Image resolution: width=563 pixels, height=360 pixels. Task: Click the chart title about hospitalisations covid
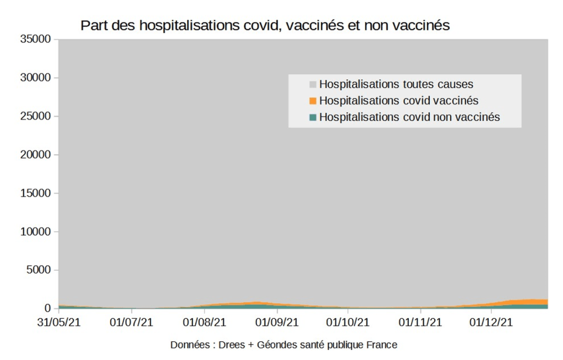[x=265, y=26]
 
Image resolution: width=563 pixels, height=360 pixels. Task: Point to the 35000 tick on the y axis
[x=35, y=39]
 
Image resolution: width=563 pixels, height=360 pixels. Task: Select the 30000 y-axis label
[x=35, y=78]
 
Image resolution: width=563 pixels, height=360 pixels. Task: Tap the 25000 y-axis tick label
[x=35, y=116]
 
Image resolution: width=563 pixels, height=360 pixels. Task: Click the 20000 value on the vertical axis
[x=35, y=155]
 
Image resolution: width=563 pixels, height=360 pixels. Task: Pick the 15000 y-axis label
[x=35, y=193]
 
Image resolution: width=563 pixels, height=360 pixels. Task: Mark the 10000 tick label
[x=35, y=232]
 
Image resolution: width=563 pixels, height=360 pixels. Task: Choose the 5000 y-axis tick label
[x=38, y=270]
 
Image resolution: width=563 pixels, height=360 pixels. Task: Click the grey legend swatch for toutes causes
[x=313, y=85]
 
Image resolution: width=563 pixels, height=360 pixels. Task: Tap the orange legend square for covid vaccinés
[x=313, y=101]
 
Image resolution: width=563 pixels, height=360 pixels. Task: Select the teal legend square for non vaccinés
[x=313, y=117]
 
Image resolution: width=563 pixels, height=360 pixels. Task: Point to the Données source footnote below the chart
[x=283, y=345]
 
